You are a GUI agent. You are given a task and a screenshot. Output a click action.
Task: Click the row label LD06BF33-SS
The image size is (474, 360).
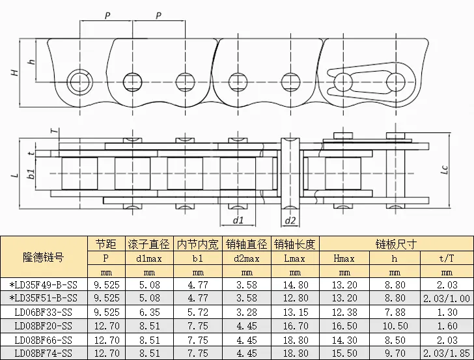(44, 312)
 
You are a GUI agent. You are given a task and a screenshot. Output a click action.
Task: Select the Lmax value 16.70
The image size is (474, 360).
(296, 326)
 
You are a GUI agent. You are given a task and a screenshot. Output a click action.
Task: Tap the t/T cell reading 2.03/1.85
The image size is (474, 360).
(447, 353)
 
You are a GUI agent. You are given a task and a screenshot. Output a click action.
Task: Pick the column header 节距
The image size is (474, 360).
(105, 243)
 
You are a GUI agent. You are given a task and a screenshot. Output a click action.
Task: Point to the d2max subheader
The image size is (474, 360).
(247, 258)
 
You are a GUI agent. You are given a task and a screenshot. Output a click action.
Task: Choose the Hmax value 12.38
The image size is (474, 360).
(344, 312)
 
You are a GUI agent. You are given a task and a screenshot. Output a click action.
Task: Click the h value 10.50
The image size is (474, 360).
(395, 326)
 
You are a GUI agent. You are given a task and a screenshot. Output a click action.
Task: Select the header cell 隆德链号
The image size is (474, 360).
(44, 257)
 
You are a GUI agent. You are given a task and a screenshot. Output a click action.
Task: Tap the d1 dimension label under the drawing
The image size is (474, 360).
(238, 220)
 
